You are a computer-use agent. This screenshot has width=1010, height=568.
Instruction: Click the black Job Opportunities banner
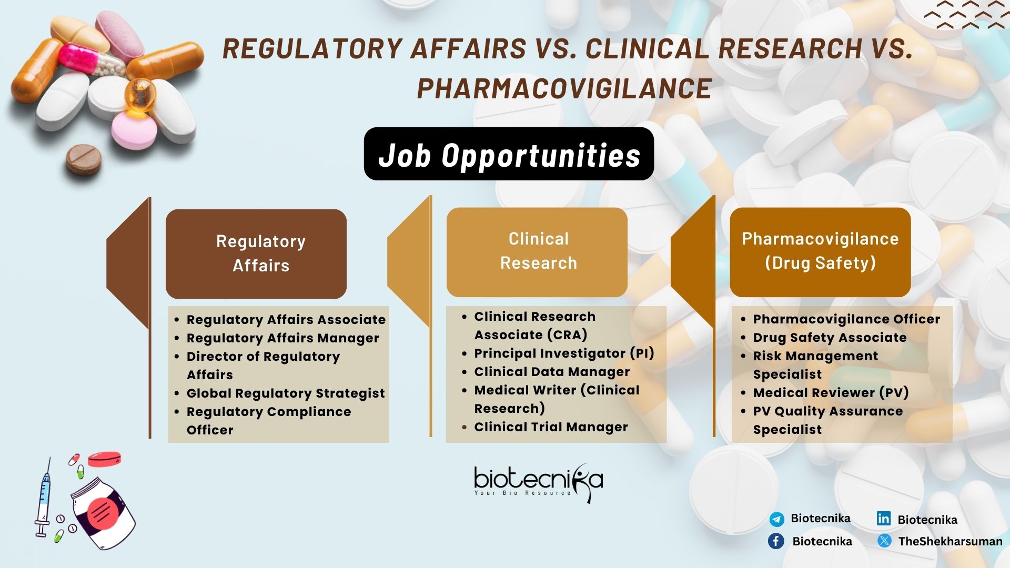(509, 154)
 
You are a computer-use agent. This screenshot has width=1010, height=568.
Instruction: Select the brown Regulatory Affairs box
(256, 253)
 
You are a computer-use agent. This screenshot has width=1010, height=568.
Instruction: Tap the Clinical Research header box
(537, 252)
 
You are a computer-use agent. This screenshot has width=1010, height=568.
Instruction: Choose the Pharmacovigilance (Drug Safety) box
(820, 252)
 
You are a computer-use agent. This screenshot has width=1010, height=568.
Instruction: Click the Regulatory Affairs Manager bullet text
(283, 338)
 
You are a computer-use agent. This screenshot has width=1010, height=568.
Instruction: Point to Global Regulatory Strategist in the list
(286, 393)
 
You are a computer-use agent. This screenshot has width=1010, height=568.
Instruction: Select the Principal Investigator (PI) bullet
(564, 353)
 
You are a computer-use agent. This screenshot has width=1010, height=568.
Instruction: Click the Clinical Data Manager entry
(552, 372)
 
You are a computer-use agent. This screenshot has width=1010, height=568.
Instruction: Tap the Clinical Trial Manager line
(551, 427)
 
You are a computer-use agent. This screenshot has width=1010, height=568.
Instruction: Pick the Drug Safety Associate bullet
(830, 338)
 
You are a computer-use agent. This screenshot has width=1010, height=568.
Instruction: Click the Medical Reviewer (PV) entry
(831, 393)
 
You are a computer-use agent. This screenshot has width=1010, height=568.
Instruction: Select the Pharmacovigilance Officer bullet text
(846, 319)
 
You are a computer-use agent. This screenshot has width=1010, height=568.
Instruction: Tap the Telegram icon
(776, 520)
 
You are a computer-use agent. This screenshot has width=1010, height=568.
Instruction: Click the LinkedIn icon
(884, 519)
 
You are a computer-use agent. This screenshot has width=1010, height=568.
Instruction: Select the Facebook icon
(776, 541)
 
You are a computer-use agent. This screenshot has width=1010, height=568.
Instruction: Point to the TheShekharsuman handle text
(950, 541)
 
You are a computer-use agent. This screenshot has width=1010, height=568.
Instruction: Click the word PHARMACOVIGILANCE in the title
(564, 88)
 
